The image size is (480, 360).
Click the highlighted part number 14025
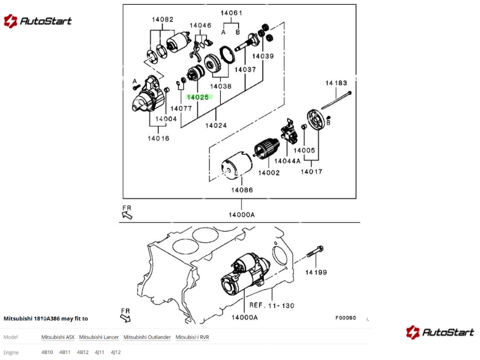click(x=197, y=97)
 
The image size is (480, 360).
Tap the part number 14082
click(x=162, y=19)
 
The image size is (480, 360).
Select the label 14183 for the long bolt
click(x=337, y=83)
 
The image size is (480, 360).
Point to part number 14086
click(x=242, y=190)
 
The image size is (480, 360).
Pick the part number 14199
click(x=316, y=273)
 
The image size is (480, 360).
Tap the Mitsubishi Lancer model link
click(x=98, y=337)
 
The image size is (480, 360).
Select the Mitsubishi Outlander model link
click(x=147, y=337)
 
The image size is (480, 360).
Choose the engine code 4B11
click(x=65, y=352)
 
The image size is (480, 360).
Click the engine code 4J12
click(x=116, y=352)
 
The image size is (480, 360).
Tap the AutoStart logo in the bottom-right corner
click(x=440, y=332)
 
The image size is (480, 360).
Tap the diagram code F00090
click(x=346, y=318)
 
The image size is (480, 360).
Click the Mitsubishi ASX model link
click(x=58, y=337)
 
